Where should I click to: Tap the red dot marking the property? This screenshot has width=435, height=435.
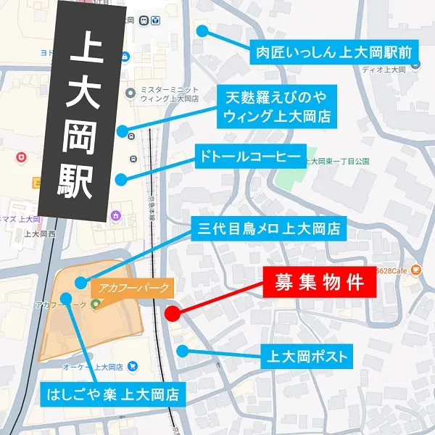pyautogui.click(x=173, y=314)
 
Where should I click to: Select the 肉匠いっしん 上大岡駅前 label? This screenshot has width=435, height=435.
pyautogui.click(x=333, y=52)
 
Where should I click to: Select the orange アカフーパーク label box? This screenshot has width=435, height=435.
pyautogui.click(x=132, y=286)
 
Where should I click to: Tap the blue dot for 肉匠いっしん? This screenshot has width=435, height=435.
pyautogui.click(x=202, y=31)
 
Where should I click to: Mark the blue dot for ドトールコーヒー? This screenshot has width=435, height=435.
pyautogui.click(x=122, y=178)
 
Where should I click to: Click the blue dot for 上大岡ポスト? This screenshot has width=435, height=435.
pyautogui.click(x=183, y=351)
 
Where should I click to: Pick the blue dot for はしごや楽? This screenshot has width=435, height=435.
pyautogui.click(x=66, y=297)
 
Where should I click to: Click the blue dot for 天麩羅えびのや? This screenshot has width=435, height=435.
pyautogui.click(x=123, y=131)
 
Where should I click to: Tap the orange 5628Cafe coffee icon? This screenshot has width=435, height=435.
pyautogui.click(x=415, y=270)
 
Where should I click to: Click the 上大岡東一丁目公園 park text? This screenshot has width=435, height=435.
pyautogui.click(x=336, y=160)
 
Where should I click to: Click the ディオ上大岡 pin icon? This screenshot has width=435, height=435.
pyautogui.click(x=415, y=64)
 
